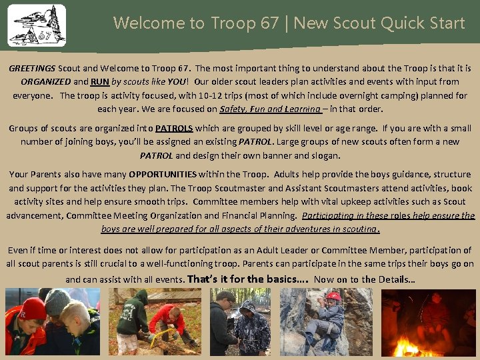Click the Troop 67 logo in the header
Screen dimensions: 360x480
37,25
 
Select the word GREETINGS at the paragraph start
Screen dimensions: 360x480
33,69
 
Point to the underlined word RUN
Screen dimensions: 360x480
100,82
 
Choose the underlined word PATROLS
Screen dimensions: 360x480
174,128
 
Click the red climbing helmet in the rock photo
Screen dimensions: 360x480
334,296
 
